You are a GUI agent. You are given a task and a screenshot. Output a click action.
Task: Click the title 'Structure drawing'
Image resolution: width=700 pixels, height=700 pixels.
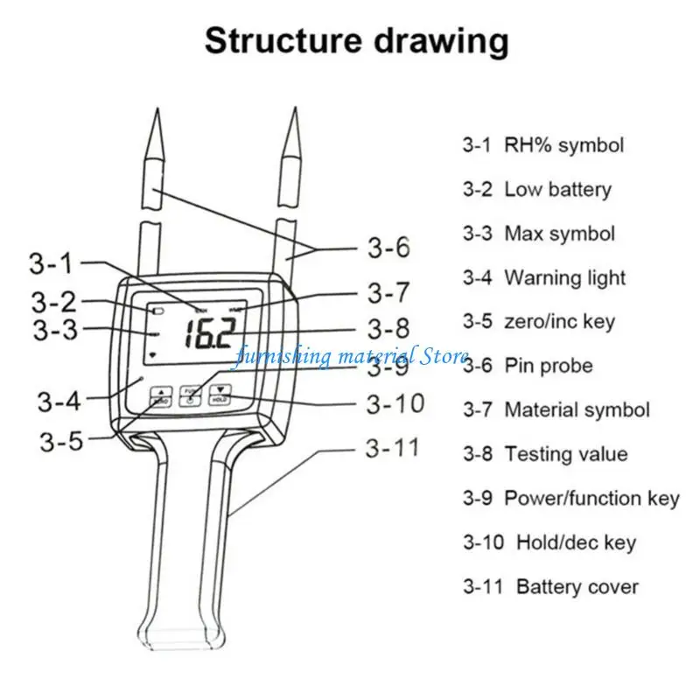pyautogui.click(x=356, y=40)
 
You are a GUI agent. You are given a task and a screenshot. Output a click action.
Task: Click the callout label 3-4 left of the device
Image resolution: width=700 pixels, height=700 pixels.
pyautogui.click(x=59, y=402)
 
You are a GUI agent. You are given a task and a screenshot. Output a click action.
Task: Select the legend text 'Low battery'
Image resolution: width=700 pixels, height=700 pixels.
pyautogui.click(x=557, y=189)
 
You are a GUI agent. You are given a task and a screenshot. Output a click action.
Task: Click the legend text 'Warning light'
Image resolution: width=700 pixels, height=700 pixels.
pyautogui.click(x=564, y=278)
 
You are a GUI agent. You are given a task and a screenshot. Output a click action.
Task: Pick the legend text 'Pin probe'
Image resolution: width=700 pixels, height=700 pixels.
pyautogui.click(x=549, y=366)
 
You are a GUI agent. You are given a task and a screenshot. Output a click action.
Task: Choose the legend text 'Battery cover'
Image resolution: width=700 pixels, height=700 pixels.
pyautogui.click(x=577, y=586)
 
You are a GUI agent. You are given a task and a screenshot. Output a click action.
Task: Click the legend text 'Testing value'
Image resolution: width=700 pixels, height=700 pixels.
pyautogui.click(x=565, y=454)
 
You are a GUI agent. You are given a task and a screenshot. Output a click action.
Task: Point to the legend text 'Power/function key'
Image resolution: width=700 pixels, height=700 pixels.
pyautogui.click(x=591, y=498)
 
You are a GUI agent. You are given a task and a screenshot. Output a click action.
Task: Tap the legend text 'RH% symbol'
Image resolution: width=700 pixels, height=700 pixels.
pyautogui.click(x=563, y=145)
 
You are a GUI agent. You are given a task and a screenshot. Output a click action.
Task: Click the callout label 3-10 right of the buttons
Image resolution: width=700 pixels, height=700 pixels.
pyautogui.click(x=395, y=403)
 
